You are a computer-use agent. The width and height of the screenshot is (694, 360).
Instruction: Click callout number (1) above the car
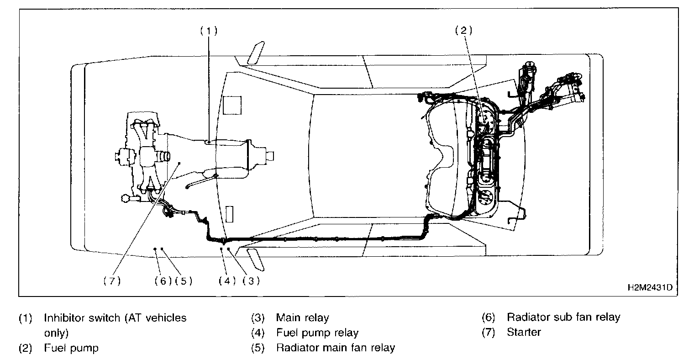click(208, 31)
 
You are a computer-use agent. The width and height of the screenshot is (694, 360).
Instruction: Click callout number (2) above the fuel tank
click(463, 31)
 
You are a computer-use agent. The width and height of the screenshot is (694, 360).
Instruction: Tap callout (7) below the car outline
click(111, 281)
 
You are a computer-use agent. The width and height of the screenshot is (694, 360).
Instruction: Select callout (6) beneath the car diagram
click(163, 281)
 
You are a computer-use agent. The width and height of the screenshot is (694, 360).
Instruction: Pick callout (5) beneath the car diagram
click(184, 281)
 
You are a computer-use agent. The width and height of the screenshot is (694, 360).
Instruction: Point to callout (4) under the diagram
click(226, 281)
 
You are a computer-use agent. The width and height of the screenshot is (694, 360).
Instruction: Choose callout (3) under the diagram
click(251, 281)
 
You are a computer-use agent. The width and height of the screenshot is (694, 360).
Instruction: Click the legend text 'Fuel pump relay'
click(317, 333)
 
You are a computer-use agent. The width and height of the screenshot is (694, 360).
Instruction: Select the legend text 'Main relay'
click(302, 318)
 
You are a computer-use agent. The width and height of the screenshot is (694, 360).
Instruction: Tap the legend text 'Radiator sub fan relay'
click(563, 317)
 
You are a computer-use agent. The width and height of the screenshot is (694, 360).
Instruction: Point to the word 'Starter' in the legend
click(524, 332)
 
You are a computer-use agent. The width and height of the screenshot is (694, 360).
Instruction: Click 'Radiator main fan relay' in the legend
click(335, 348)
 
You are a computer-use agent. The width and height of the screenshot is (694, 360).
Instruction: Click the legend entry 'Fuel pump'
click(71, 348)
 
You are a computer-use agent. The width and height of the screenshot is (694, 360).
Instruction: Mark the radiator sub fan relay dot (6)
click(155, 249)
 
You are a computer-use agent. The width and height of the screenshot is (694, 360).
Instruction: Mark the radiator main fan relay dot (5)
click(162, 249)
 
